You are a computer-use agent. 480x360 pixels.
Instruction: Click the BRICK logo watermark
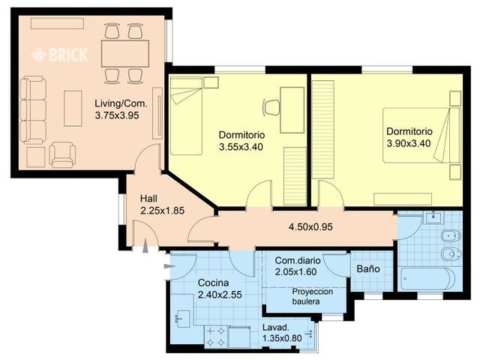click(x=59, y=55)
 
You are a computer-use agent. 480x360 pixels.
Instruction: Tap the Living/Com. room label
click(x=120, y=103)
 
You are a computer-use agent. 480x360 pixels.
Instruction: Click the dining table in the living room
click(x=124, y=52)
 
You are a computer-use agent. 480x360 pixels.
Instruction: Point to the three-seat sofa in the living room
click(x=32, y=109)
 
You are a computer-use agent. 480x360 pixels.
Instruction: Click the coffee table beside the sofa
click(x=73, y=108)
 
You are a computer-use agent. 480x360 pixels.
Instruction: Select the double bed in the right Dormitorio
click(x=419, y=135)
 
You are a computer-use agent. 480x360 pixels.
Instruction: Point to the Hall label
click(x=148, y=199)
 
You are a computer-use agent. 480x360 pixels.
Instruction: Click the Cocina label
click(x=214, y=283)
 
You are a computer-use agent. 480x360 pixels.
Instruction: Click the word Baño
click(x=367, y=268)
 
